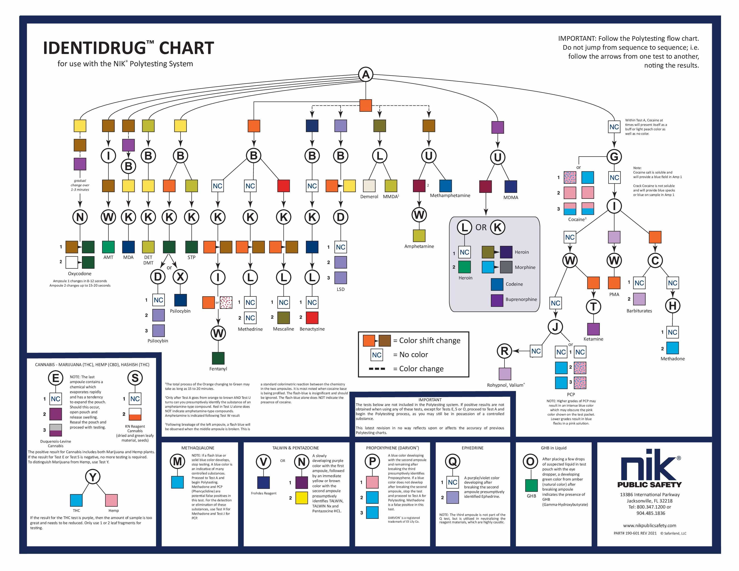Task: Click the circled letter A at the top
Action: pos(365,74)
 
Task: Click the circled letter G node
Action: pos(614,156)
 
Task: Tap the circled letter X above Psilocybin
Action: pos(180,277)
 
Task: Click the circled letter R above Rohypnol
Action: pos(504,351)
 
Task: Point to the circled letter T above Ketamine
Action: pos(593,307)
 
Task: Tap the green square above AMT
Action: pos(108,247)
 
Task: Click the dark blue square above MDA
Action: pos(128,247)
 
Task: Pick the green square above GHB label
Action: pos(531,485)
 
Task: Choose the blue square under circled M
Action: pos(177,482)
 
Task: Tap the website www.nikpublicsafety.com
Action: pos(649,525)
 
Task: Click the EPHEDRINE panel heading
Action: pos(472,448)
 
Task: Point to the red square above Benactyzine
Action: pos(312,318)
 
